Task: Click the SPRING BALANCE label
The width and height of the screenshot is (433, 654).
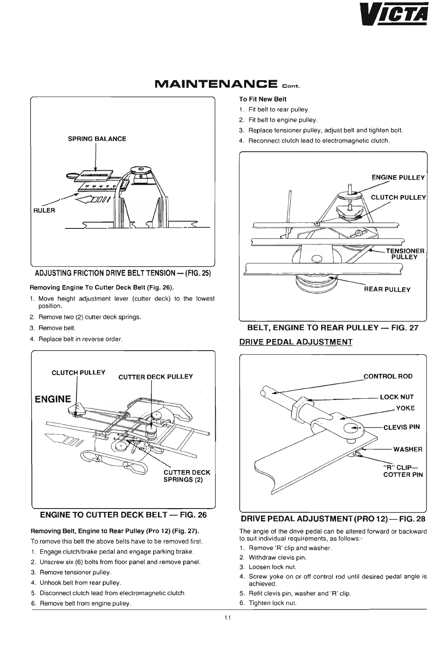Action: pyautogui.click(x=97, y=139)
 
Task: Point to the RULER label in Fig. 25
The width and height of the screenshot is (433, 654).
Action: pyautogui.click(x=44, y=210)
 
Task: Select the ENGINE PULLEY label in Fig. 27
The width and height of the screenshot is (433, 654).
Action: pyautogui.click(x=398, y=178)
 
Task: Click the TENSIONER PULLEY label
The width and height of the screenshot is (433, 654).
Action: pyautogui.click(x=405, y=254)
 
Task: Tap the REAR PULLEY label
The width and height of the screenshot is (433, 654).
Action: pyautogui.click(x=387, y=289)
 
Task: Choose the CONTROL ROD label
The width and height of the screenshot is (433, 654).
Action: pyautogui.click(x=388, y=376)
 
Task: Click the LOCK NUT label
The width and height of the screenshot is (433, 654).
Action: pyautogui.click(x=397, y=397)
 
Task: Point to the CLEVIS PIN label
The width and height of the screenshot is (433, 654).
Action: pyautogui.click(x=401, y=427)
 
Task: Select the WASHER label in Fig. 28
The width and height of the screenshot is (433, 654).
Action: pyautogui.click(x=408, y=449)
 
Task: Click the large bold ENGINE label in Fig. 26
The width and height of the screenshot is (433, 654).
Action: pyautogui.click(x=53, y=399)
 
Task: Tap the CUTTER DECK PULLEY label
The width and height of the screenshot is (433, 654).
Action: pyautogui.click(x=156, y=376)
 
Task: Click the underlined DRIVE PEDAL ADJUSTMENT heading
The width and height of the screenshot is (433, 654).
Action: pyautogui.click(x=295, y=342)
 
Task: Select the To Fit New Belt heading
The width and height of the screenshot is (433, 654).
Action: pyautogui.click(x=263, y=99)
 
